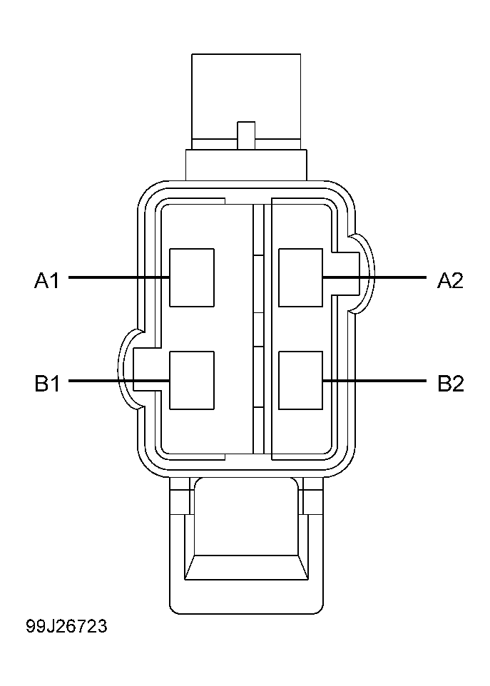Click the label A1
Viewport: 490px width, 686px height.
(x=47, y=280)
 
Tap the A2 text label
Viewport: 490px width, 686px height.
(x=450, y=280)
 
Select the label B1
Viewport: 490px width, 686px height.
(x=47, y=384)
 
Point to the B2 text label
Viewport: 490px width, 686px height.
(x=450, y=384)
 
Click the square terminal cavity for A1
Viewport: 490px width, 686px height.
(x=191, y=277)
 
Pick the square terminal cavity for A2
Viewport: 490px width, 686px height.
(x=300, y=277)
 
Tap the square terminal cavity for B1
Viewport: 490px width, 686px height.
(x=191, y=381)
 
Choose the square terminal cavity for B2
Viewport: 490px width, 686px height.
(x=300, y=381)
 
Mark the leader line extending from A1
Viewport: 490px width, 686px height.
(x=118, y=277)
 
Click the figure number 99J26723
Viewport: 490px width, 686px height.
(x=66, y=626)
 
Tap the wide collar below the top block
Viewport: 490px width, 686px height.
(x=246, y=164)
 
